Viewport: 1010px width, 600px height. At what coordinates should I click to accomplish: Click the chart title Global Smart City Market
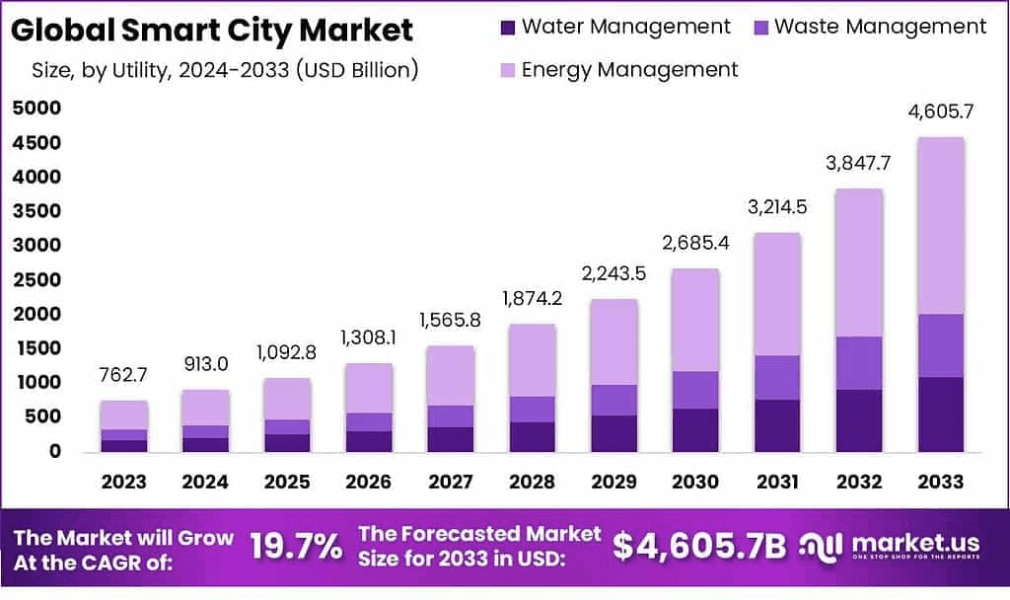point(213,30)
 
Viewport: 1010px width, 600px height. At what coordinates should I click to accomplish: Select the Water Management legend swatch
point(508,28)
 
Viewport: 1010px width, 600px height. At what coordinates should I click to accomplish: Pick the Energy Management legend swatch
point(508,70)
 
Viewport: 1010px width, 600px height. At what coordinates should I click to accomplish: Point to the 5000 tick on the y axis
point(37,109)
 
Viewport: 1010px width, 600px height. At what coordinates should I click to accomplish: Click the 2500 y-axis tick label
point(37,279)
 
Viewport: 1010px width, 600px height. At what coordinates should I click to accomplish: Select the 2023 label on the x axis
point(123,482)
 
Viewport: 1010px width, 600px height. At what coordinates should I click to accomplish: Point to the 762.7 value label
point(123,376)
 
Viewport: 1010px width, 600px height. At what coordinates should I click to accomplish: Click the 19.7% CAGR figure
point(296,546)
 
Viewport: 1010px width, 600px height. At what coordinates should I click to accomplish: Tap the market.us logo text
point(915,544)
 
